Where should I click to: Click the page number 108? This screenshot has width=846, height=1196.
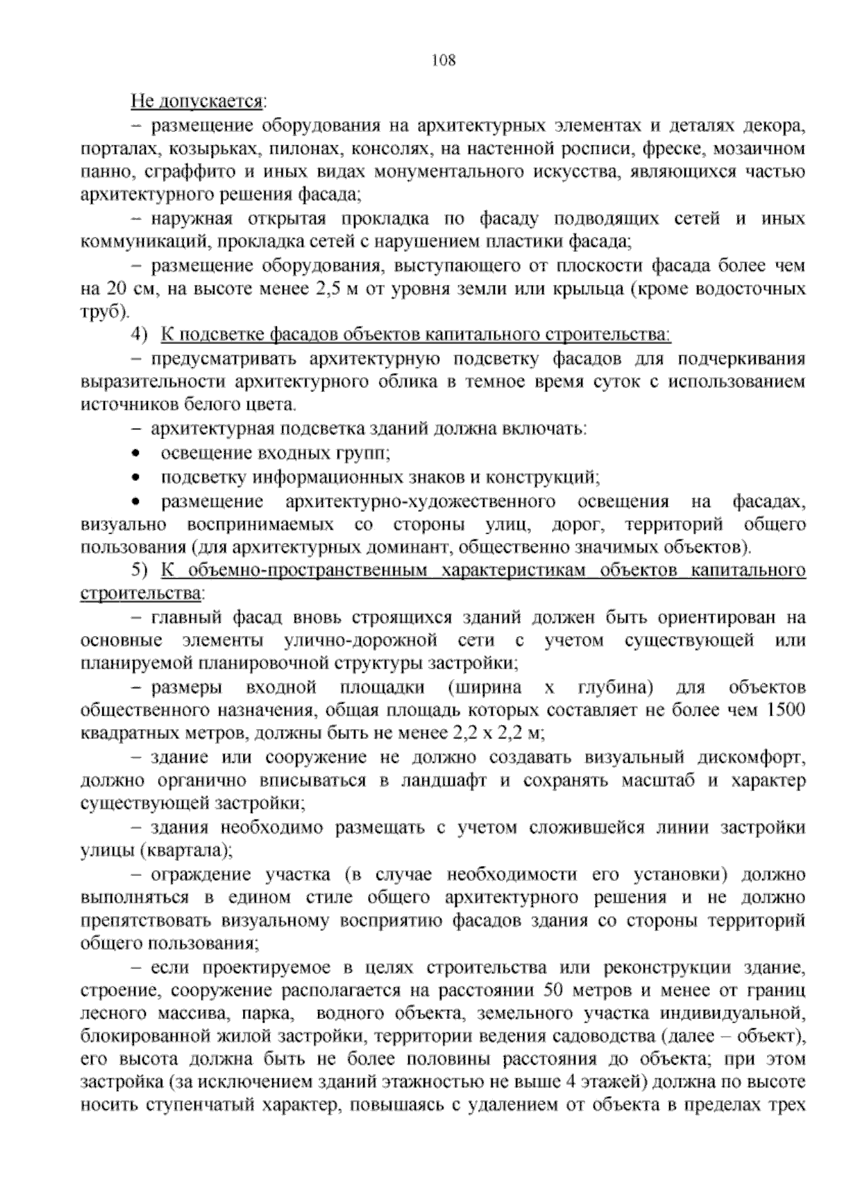443,60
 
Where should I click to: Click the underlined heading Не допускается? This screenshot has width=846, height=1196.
197,102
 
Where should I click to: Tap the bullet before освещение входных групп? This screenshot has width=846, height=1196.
136,453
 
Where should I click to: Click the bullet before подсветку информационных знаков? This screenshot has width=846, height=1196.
136,477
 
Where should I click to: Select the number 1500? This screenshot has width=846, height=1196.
785,710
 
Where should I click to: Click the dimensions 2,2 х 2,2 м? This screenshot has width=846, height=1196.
496,733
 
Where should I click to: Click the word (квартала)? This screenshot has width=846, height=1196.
188,850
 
